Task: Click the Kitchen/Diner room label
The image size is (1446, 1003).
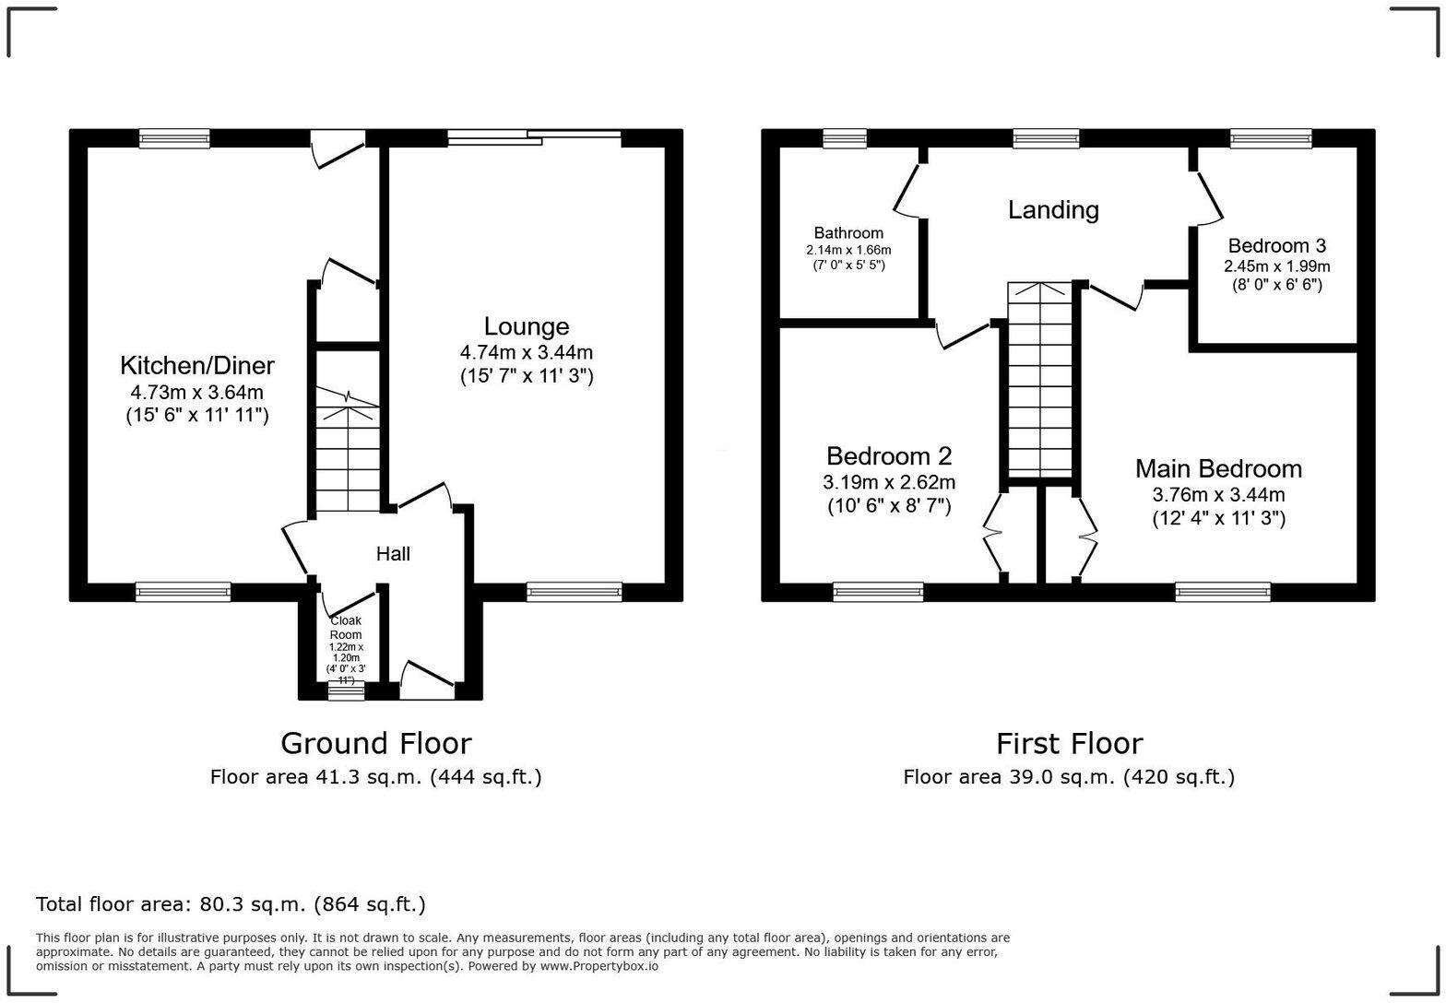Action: pyautogui.click(x=196, y=366)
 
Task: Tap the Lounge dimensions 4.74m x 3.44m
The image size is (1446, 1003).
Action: pyautogui.click(x=526, y=352)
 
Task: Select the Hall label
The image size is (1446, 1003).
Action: pyautogui.click(x=393, y=554)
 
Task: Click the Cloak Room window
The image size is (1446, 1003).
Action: pyautogui.click(x=347, y=690)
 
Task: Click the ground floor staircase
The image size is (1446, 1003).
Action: pyautogui.click(x=348, y=452)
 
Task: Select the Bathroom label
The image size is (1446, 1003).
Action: pyautogui.click(x=848, y=233)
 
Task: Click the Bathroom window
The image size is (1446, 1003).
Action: pyautogui.click(x=845, y=138)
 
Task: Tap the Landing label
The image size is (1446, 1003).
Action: pyautogui.click(x=1053, y=210)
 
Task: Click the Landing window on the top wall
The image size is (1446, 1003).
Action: pyautogui.click(x=1046, y=138)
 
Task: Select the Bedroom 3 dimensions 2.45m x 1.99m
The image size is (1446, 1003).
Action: pyautogui.click(x=1276, y=266)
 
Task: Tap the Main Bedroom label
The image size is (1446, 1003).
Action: pyautogui.click(x=1218, y=469)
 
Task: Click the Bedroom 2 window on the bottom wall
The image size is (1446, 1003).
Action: pyautogui.click(x=878, y=592)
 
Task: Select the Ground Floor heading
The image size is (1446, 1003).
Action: pyautogui.click(x=375, y=743)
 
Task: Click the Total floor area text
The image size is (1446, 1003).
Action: pyautogui.click(x=231, y=904)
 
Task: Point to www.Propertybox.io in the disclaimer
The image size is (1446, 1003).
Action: pyautogui.click(x=599, y=967)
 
